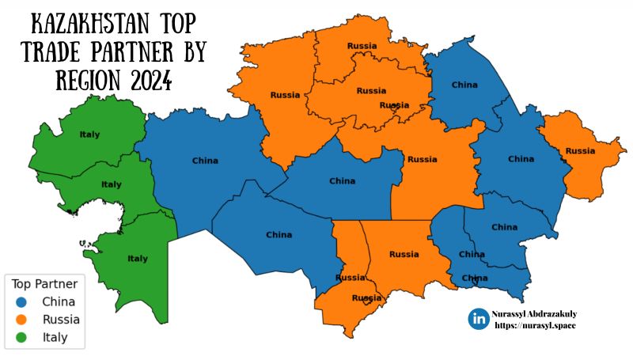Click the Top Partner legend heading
coord(44,284)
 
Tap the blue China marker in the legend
coord(21,301)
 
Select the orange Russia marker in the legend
coord(21,320)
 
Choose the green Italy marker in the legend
coord(21,338)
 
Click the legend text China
coord(59,301)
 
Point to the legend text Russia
coord(61,320)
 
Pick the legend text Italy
coord(55,338)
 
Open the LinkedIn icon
coord(479,319)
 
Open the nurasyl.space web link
coord(535,325)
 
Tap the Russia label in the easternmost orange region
coord(580,150)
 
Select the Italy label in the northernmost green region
coord(90,135)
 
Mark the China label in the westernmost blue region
coord(205,161)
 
